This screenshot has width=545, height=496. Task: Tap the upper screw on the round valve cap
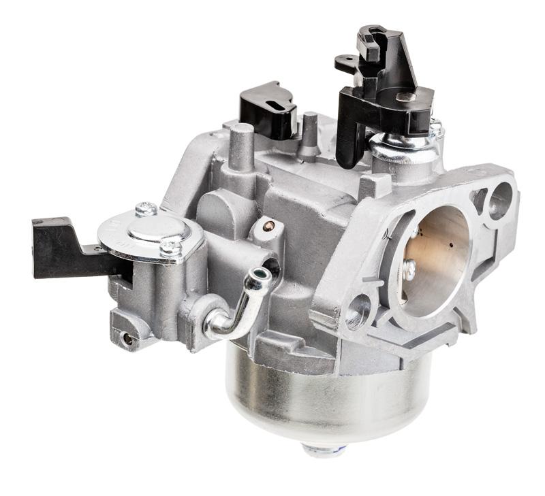[x=145, y=210]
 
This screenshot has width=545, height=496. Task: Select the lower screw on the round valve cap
[x=170, y=248]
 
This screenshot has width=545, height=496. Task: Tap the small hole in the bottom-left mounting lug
[x=127, y=338]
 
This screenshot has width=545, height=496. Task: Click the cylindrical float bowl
[x=327, y=395]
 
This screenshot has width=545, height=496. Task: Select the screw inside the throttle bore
[x=409, y=269]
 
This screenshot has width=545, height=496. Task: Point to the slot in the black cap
[x=275, y=105]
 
